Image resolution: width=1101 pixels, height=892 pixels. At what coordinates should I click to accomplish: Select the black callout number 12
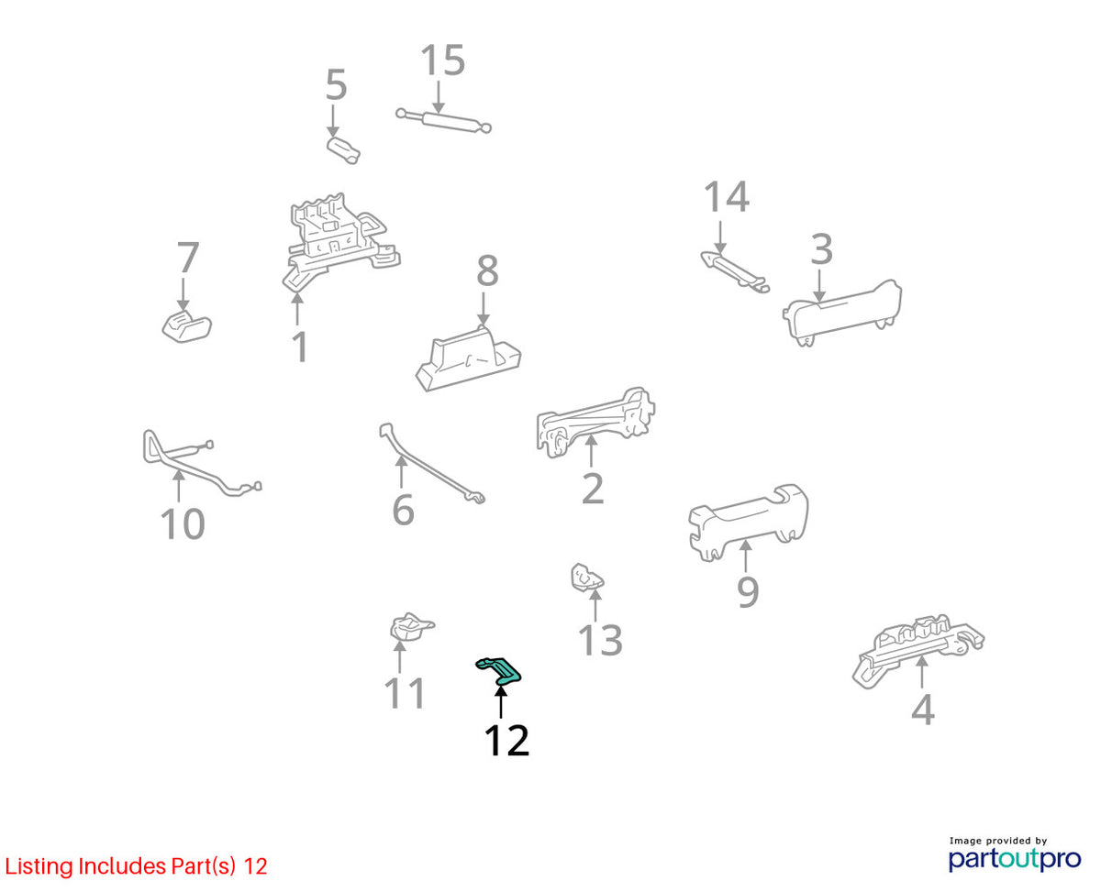click(506, 741)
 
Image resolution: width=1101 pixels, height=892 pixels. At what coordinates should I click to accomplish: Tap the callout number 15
click(442, 61)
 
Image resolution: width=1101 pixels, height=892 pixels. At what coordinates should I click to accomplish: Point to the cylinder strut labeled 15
click(443, 121)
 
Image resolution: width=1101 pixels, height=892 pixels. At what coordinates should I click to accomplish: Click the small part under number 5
click(343, 150)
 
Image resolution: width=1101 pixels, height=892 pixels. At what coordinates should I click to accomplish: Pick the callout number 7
click(188, 258)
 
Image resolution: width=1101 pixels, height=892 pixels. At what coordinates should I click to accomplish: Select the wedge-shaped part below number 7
click(186, 326)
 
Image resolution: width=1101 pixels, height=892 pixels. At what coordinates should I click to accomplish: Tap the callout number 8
click(487, 270)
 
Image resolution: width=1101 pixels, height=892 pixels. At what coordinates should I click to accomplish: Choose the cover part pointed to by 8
click(468, 358)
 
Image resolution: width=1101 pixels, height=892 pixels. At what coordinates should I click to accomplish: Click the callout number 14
click(727, 197)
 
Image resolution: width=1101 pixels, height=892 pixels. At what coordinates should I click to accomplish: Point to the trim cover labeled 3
click(842, 313)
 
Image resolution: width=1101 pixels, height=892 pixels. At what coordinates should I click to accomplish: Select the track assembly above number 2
click(595, 423)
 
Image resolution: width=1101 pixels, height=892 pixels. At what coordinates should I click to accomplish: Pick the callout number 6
click(403, 511)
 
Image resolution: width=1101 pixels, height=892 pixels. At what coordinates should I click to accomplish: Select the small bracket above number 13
click(587, 578)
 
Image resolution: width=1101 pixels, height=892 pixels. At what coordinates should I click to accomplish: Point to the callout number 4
click(923, 710)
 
